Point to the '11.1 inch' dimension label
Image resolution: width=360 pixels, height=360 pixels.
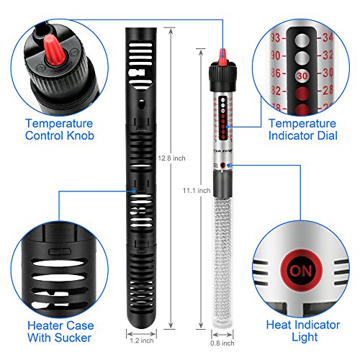click(x=196, y=191)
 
